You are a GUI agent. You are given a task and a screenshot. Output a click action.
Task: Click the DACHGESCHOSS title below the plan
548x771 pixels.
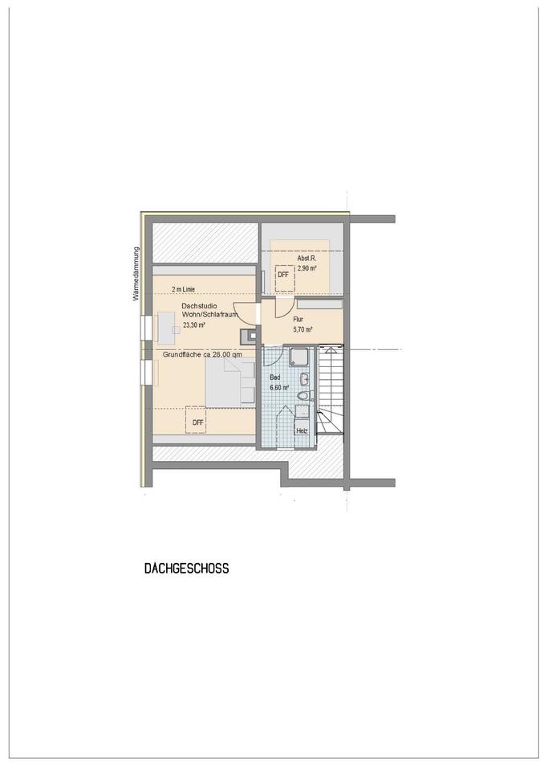click(187, 569)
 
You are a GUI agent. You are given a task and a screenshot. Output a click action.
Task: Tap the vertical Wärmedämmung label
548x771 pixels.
click(136, 274)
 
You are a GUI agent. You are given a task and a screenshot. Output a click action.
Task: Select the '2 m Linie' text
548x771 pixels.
click(183, 290)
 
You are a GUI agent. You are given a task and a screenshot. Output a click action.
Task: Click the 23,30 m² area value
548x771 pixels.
click(194, 325)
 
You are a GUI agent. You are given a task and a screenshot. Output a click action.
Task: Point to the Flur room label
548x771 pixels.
click(298, 319)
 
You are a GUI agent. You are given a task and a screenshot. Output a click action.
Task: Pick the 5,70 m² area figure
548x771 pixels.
click(303, 330)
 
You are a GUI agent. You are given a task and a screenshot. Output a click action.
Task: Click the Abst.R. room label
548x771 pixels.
click(306, 258)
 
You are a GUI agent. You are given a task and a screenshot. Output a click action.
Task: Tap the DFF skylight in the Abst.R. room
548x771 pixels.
click(284, 275)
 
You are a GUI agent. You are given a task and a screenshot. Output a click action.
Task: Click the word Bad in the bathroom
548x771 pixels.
click(275, 377)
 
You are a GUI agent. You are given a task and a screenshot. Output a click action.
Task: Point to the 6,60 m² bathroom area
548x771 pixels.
click(279, 387)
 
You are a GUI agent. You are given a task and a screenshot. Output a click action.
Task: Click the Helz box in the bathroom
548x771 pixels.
click(302, 430)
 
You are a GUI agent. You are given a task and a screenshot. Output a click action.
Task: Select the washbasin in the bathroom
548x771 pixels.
click(305, 378)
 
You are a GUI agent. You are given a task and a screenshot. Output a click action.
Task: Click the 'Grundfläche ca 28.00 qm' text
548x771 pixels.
click(202, 354)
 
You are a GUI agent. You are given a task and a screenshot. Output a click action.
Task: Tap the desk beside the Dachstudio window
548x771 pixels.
click(168, 328)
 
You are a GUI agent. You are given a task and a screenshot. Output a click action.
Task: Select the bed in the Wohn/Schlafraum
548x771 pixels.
click(229, 382)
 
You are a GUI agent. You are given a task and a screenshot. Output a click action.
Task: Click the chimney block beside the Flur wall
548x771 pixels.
click(248, 337)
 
